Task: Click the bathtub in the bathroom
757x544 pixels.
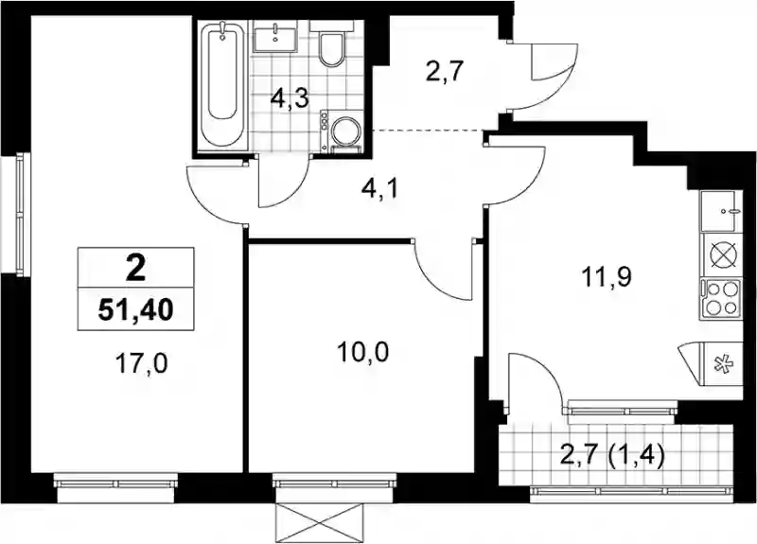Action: point(221,85)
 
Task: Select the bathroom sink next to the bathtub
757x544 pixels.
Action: point(274,39)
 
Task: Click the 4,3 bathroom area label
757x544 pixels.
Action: point(290,100)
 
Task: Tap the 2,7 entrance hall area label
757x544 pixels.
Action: point(445,73)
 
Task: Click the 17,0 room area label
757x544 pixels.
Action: point(141,363)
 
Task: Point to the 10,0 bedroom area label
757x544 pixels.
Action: point(363,352)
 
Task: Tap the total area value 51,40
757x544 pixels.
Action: point(135,310)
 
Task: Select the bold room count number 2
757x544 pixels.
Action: point(135,269)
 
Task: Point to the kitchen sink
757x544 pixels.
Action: point(719,211)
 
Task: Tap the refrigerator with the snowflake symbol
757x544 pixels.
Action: point(719,363)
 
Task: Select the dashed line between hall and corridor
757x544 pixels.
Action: point(431,131)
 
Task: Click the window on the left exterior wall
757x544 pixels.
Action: point(20,215)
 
